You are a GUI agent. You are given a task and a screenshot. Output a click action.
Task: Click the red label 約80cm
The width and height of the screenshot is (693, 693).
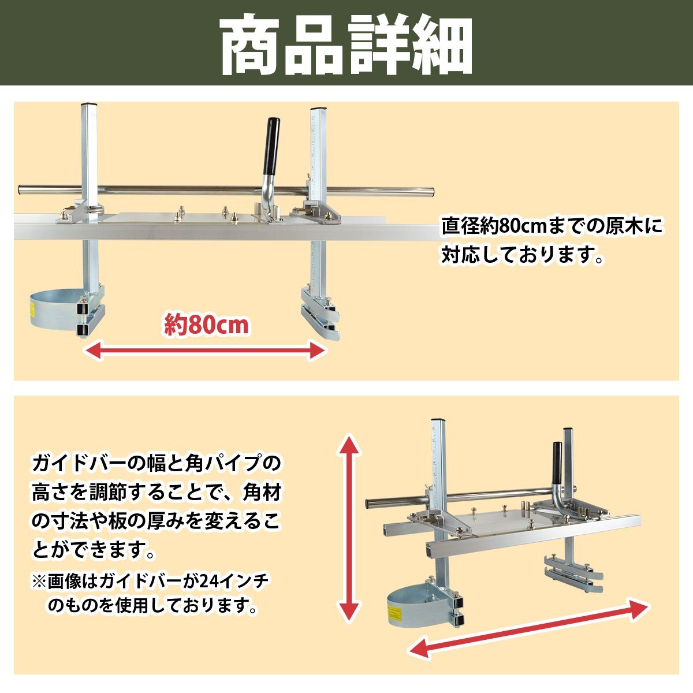207,325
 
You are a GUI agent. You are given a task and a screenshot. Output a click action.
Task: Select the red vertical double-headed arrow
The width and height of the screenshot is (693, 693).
348,528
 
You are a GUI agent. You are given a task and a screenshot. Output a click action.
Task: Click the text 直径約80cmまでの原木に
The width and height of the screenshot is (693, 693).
553,226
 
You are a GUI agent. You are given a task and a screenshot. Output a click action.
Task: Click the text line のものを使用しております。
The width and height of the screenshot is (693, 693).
152,606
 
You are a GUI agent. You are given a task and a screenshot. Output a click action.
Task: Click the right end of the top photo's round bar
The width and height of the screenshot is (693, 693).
430,191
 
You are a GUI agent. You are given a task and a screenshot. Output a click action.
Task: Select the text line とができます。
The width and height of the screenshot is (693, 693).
94,550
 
